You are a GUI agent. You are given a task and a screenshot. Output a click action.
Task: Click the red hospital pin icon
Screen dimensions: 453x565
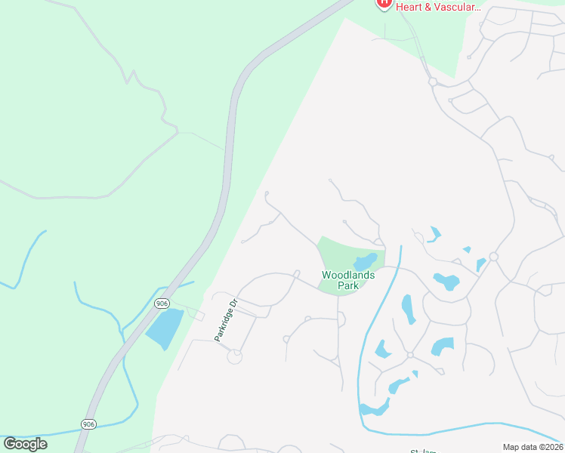point(384,3)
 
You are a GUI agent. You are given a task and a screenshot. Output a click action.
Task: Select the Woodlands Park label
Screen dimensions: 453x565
point(348,280)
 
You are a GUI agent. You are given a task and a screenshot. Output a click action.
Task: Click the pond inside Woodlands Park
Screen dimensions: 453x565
point(366,262)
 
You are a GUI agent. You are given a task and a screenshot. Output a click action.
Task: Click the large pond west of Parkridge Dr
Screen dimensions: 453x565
point(165,328)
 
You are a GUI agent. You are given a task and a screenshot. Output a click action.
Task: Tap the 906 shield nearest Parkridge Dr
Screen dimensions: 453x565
point(162,303)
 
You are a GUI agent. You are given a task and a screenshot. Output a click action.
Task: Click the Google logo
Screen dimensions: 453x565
point(26,444)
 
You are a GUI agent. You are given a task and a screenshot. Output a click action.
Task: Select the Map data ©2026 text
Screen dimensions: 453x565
point(533,447)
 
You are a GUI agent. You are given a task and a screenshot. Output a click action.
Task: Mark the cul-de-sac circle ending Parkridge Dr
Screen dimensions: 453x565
point(235,356)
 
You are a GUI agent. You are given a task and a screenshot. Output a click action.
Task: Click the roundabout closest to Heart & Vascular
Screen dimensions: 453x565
point(433,82)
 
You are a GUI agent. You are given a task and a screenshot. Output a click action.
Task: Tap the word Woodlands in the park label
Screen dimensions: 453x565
point(348,276)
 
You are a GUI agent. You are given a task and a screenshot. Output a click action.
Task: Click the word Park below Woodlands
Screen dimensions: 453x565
point(348,286)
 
